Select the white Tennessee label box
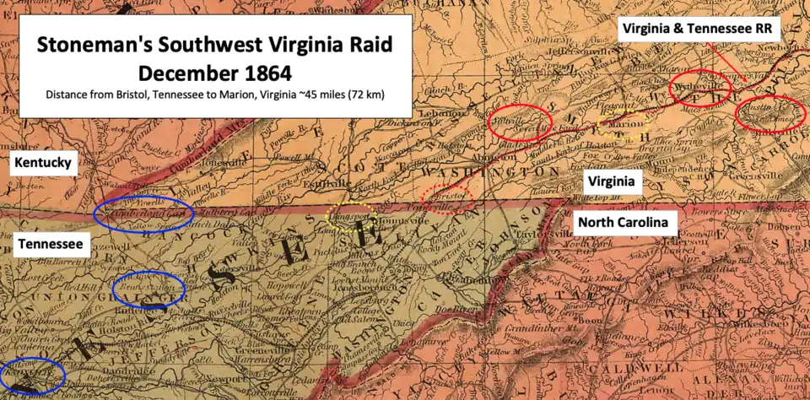(x=50, y=245)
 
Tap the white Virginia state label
(x=612, y=181)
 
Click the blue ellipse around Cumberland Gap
(x=143, y=214)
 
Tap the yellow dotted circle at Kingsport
(x=352, y=217)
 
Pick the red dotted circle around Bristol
(x=448, y=197)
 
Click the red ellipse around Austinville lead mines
(x=770, y=114)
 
